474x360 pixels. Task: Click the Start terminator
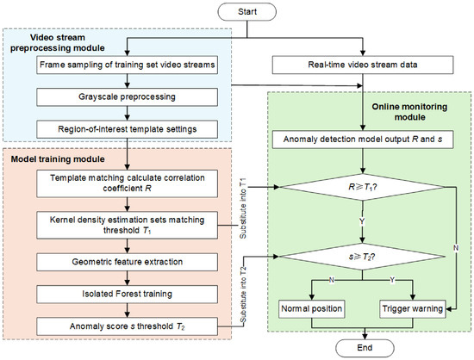(247, 12)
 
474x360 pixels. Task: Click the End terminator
(365, 348)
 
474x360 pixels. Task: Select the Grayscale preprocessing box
(127, 97)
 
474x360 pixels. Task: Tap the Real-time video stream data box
(363, 65)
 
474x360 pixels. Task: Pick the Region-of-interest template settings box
(127, 129)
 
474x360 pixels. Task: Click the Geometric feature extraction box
(127, 262)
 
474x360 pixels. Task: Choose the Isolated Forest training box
(127, 295)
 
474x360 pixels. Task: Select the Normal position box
(312, 309)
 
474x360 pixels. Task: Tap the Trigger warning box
(413, 309)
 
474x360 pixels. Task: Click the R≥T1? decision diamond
(363, 187)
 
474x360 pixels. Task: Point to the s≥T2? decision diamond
(363, 257)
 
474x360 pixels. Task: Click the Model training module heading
(58, 159)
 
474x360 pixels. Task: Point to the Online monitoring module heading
(409, 112)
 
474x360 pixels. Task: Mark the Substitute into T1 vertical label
(243, 208)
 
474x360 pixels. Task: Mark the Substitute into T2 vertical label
(243, 295)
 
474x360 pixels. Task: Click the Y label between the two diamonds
(362, 222)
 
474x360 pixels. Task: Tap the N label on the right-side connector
(456, 248)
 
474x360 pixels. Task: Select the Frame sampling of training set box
(127, 65)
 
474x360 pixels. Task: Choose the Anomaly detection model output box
(363, 140)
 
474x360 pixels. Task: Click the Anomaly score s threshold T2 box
(127, 326)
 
